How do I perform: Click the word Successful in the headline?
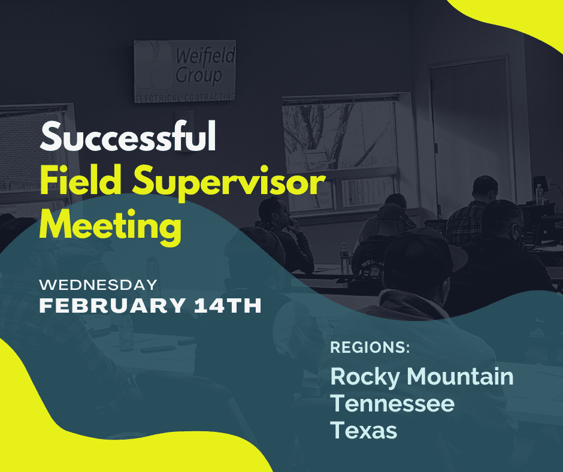click(128, 137)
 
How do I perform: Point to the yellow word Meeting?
click(111, 227)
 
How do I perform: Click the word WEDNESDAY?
click(98, 285)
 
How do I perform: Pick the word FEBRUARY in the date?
click(113, 305)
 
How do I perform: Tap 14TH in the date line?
click(228, 305)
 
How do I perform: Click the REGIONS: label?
click(370, 347)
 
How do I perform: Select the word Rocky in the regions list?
click(365, 377)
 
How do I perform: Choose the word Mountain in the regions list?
click(460, 376)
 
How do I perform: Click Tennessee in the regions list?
click(392, 403)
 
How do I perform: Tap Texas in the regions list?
click(364, 430)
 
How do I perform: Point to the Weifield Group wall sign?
click(185, 71)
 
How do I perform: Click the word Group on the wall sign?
click(199, 75)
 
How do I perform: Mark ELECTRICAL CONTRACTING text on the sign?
click(185, 98)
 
